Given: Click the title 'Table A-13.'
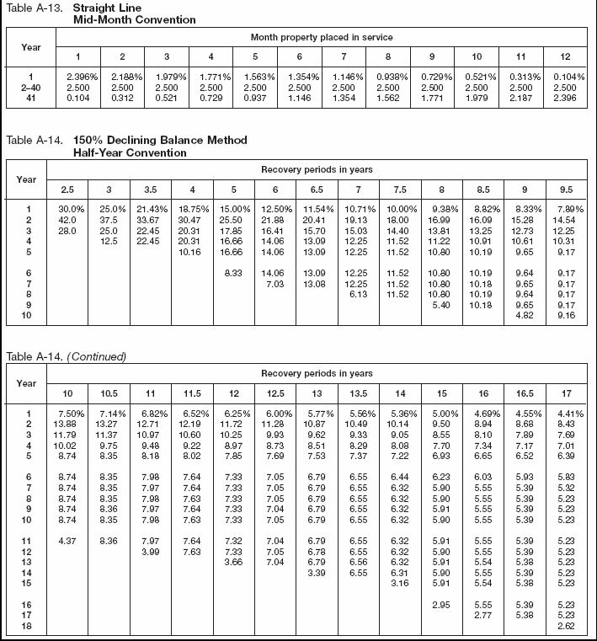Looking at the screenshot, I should coord(31,8).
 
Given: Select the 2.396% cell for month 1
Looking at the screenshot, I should coord(78,77).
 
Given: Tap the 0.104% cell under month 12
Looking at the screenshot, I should coord(565,77).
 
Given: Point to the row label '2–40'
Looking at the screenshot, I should coord(29,87).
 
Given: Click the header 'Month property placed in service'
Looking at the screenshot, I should coord(322,38).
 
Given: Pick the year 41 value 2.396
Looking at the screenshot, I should coord(565,98).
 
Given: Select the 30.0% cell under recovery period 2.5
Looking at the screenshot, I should coord(67,207).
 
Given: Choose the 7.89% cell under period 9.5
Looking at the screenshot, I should coord(566,207).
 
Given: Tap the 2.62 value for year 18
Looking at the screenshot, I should coord(565,627).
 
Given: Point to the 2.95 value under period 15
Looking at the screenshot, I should coord(441,606).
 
